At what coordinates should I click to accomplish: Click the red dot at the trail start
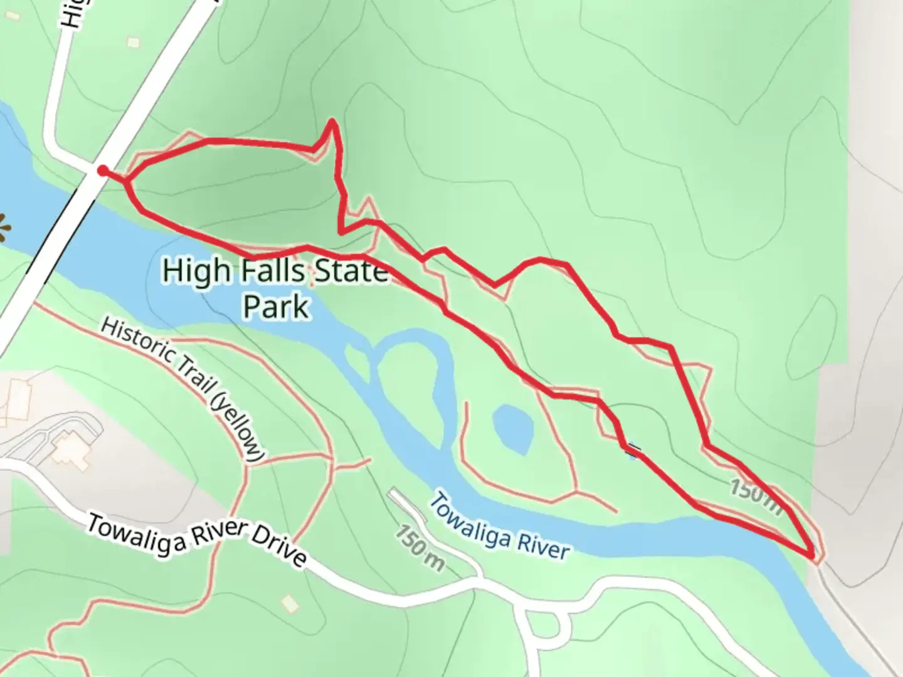point(102,171)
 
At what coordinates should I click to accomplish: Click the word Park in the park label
point(276,307)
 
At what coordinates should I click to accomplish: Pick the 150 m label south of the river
point(420,548)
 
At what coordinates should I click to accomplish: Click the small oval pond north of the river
point(513,429)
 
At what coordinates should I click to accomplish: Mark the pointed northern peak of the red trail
point(332,120)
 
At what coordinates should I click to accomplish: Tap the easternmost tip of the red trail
point(813,555)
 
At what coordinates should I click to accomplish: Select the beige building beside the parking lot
point(70,450)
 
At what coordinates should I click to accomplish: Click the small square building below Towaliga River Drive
point(288,604)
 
